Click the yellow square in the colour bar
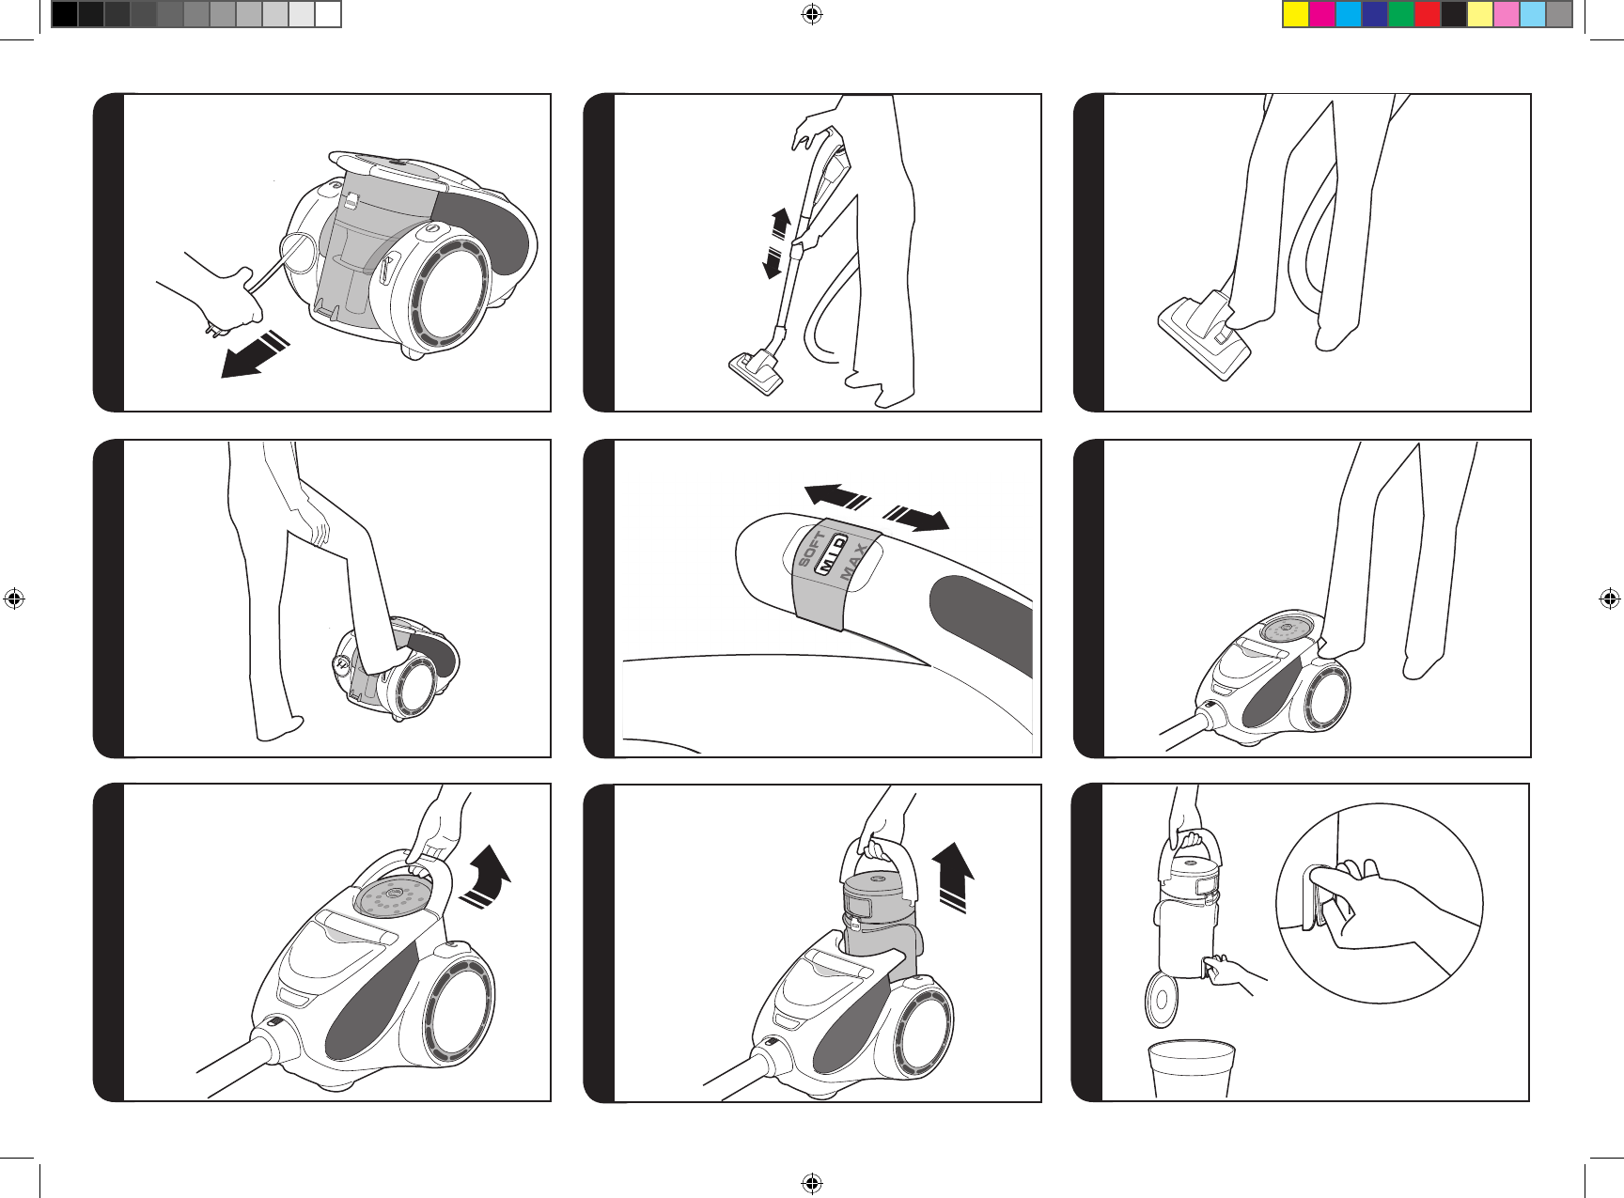click(x=1296, y=15)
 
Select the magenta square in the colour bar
click(x=1322, y=15)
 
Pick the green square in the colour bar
click(x=1401, y=15)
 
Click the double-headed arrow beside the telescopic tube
click(x=776, y=243)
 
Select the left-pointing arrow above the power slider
click(x=839, y=495)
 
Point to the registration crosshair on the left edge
click(x=14, y=599)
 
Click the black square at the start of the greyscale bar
click(x=64, y=15)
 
